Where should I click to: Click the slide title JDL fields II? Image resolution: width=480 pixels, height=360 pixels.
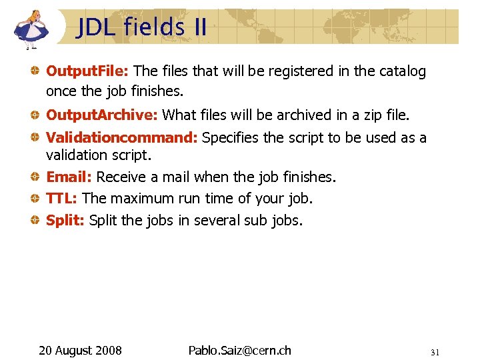click(141, 27)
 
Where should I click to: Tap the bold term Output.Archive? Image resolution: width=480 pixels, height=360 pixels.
click(101, 115)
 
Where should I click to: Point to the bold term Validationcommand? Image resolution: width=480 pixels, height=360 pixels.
click(121, 138)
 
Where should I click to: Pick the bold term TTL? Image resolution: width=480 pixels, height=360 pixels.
click(62, 199)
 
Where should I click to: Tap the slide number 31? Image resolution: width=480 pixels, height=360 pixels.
click(435, 352)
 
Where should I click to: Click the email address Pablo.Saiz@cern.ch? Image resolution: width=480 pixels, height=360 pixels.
click(239, 350)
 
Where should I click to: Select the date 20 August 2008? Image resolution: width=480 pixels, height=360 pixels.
click(80, 350)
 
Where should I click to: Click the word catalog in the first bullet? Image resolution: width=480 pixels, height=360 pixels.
click(402, 71)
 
